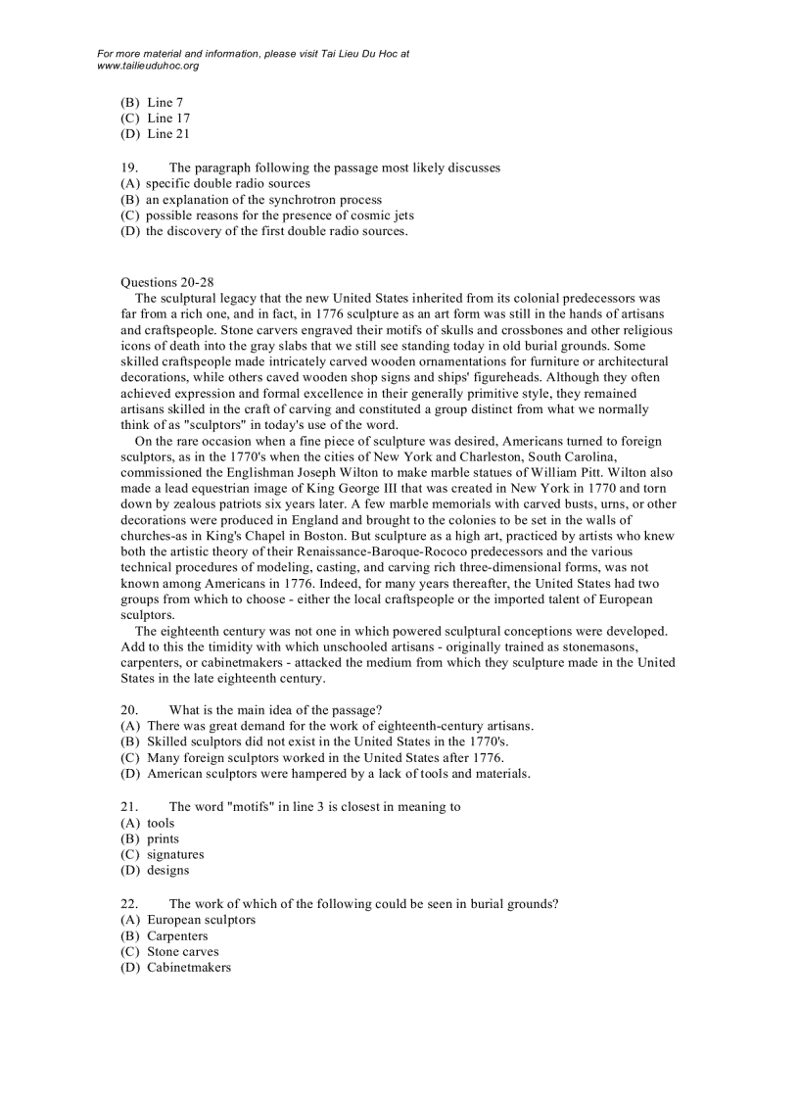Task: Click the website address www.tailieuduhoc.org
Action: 148,66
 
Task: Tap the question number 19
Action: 127,167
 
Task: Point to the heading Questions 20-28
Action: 162,282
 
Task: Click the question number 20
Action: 127,710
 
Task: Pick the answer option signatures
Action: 175,854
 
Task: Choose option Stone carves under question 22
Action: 182,951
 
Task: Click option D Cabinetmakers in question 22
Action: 188,967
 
